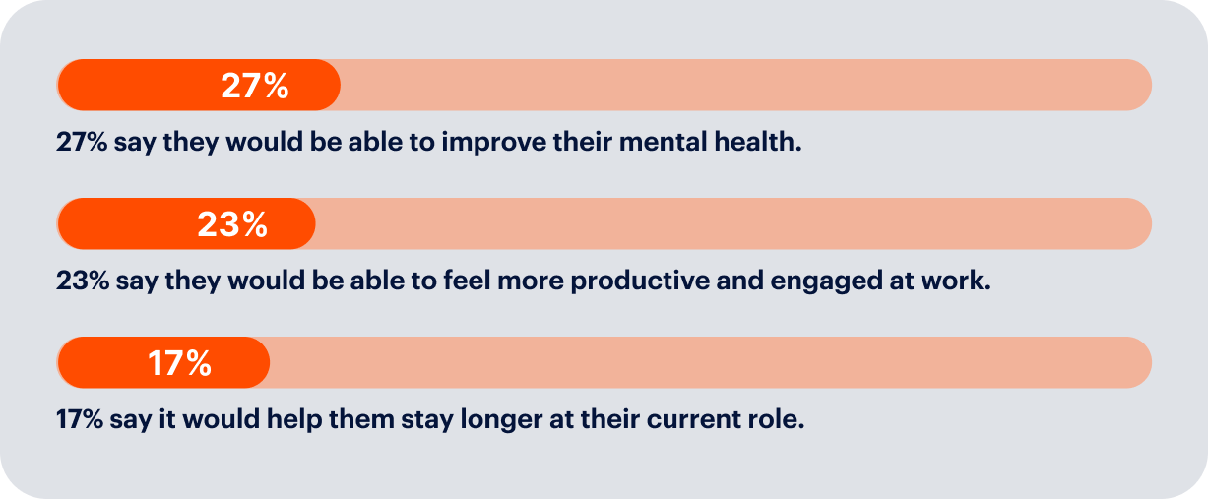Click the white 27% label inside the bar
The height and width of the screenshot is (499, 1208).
[x=255, y=86]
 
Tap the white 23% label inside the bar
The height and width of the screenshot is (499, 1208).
[x=232, y=224]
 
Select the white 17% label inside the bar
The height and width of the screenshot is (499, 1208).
[x=179, y=362]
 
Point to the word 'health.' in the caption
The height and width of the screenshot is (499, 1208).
[x=758, y=142]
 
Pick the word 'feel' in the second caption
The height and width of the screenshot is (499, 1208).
[x=467, y=281]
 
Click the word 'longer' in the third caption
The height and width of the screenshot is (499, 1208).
[x=501, y=420]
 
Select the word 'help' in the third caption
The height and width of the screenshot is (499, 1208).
[x=294, y=420]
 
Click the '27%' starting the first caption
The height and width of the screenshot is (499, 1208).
[x=82, y=142]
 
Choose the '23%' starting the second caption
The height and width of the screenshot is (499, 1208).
[x=83, y=281]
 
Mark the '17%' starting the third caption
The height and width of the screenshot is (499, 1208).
[x=80, y=419]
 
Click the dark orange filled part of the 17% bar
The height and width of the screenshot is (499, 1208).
[x=163, y=362]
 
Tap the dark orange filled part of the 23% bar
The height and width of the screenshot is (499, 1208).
[x=187, y=223]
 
